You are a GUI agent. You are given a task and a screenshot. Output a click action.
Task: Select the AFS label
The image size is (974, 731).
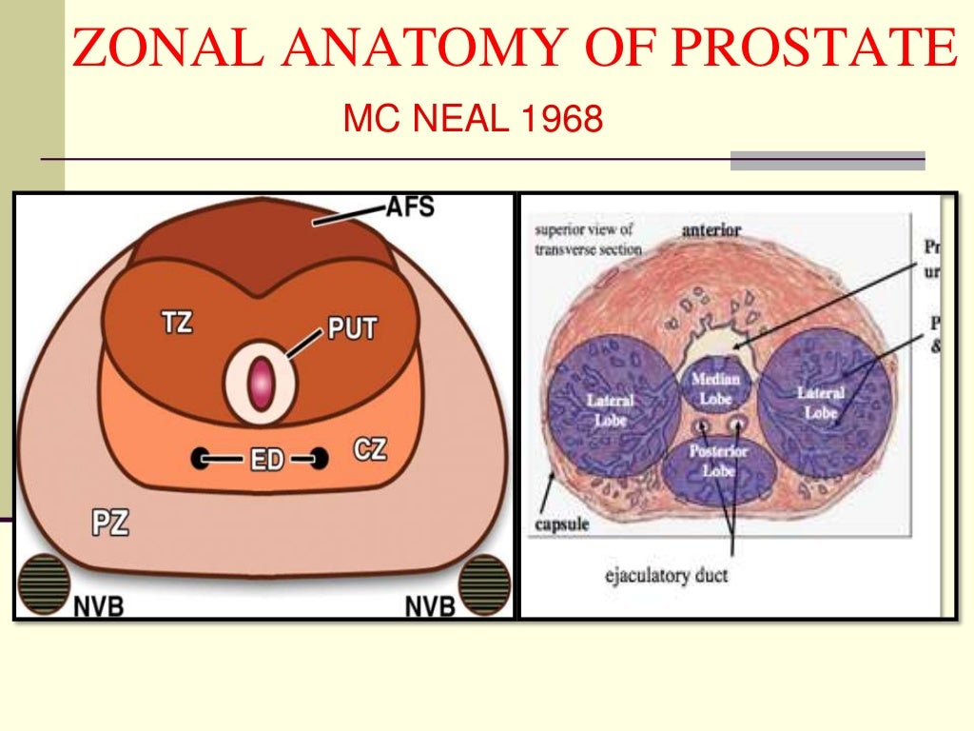[410, 207]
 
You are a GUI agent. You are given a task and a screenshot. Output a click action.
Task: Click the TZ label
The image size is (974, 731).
[177, 322]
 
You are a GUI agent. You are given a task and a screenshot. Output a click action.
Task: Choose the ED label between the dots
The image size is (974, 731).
[267, 460]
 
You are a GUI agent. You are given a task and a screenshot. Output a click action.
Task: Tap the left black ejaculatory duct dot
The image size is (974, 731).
[201, 458]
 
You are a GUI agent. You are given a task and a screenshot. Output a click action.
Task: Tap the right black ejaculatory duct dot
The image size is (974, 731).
[320, 459]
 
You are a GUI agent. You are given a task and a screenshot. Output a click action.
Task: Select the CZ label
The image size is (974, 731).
[369, 447]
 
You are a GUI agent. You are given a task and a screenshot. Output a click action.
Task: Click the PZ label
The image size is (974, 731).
[110, 523]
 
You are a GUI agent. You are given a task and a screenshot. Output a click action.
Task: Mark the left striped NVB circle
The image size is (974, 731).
[45, 583]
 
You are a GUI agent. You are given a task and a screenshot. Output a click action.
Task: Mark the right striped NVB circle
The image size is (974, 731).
[483, 583]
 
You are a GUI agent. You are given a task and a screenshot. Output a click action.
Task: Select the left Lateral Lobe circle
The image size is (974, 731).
[611, 405]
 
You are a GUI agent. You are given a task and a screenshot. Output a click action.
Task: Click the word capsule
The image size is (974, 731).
[560, 523]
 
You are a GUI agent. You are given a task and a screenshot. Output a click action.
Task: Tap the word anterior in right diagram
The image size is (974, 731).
[711, 229]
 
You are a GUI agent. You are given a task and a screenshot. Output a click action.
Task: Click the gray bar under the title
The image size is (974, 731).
[828, 161]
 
